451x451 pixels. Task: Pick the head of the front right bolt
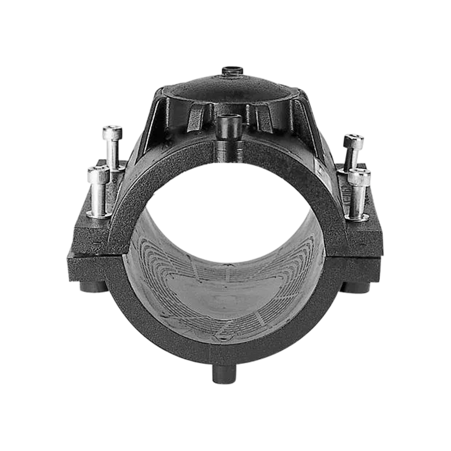359,178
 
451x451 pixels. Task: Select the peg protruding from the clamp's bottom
224,373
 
